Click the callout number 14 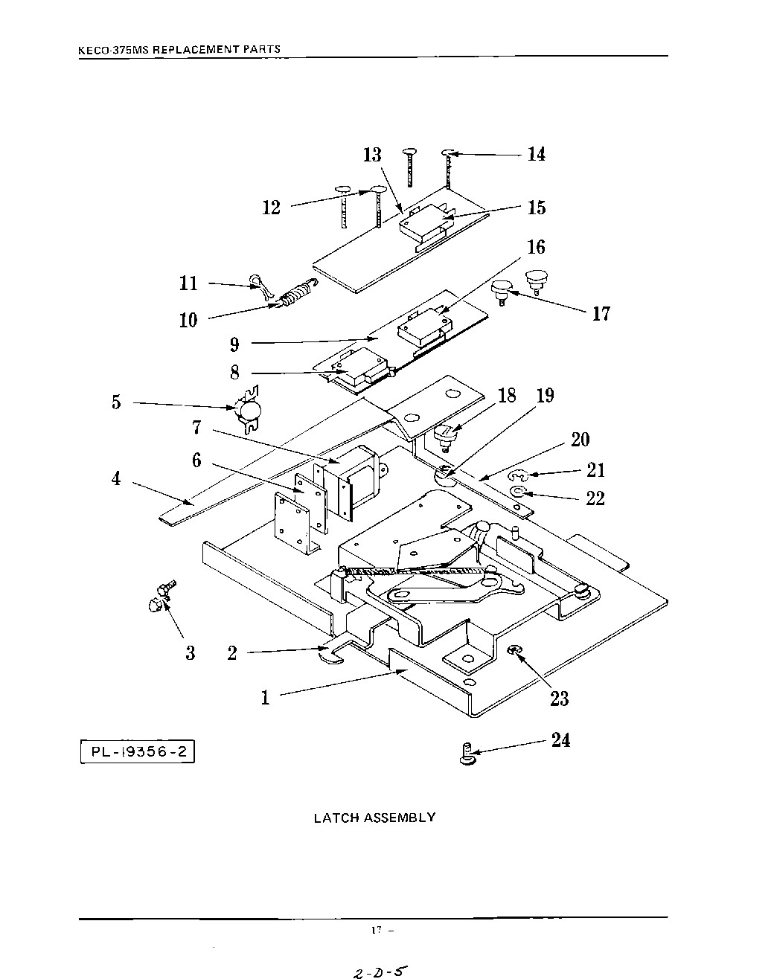tap(537, 154)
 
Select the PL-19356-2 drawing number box tap(138, 751)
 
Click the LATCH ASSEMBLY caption tap(374, 818)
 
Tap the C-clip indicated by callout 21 tap(518, 475)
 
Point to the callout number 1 tap(265, 698)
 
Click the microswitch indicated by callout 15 tap(426, 224)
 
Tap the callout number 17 tap(601, 314)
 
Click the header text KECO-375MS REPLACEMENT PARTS tap(179, 50)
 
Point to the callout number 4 tap(116, 478)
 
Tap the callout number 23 tap(559, 699)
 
